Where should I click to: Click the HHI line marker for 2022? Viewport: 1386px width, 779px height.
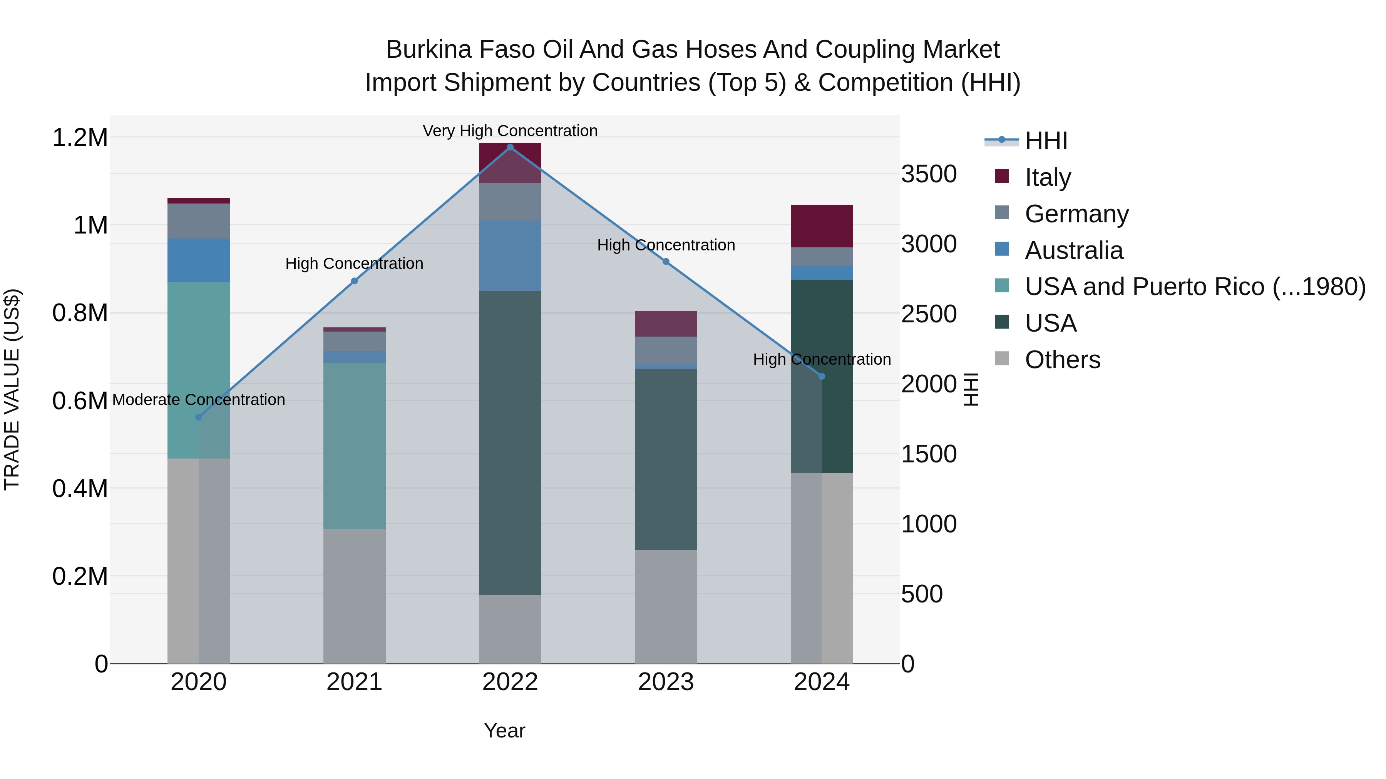click(510, 147)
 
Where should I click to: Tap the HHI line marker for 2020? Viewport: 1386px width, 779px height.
click(199, 417)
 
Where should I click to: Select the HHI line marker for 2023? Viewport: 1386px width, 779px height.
click(666, 262)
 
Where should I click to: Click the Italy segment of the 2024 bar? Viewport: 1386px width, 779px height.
click(822, 226)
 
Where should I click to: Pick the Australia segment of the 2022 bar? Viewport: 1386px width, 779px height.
click(510, 256)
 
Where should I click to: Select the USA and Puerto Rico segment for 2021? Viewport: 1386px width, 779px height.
click(354, 446)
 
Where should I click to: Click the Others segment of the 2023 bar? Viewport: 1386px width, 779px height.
click(666, 606)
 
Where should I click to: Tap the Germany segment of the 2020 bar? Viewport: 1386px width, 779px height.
click(199, 221)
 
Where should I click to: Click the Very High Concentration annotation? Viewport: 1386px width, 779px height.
click(510, 131)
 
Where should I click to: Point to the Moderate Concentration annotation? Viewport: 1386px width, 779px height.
click(199, 399)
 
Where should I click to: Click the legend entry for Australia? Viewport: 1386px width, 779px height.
click(1073, 250)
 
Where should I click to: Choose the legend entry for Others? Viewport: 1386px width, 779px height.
click(1062, 360)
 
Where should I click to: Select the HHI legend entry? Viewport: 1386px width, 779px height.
click(1045, 141)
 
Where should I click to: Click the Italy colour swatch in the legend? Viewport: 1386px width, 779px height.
click(1002, 176)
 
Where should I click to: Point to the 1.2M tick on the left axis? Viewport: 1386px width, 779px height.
click(80, 138)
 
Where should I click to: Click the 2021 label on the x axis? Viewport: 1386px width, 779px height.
click(354, 682)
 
